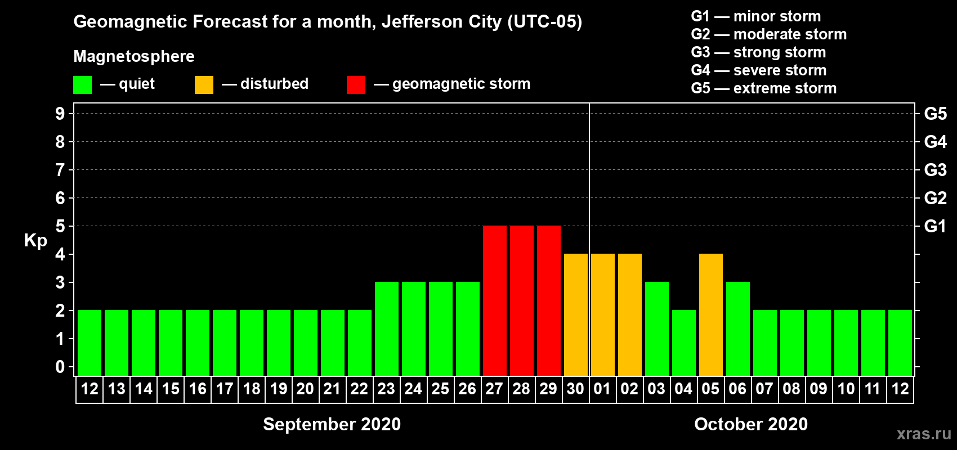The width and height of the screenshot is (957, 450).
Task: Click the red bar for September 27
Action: (495, 300)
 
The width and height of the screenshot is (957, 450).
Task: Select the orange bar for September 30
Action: (576, 314)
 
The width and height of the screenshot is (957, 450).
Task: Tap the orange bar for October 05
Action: (711, 314)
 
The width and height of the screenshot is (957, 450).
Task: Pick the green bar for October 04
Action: (684, 343)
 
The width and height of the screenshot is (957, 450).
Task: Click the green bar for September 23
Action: (387, 328)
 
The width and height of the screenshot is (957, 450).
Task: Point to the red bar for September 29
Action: (549, 300)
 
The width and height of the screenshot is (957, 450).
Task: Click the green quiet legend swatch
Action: (82, 84)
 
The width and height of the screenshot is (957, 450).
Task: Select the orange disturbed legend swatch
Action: (204, 84)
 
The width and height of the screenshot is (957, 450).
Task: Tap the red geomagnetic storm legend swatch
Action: (356, 84)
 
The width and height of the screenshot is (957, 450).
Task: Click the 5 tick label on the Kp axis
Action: (60, 226)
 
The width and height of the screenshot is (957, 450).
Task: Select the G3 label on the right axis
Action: (935, 170)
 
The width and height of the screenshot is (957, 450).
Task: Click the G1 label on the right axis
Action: (935, 226)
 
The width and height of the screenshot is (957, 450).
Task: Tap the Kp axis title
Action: (35, 241)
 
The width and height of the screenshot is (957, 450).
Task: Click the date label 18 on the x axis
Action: (252, 389)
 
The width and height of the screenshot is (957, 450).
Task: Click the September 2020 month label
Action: (332, 424)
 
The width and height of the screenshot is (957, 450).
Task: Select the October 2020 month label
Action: (751, 424)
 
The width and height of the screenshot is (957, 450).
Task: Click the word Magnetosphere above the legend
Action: (134, 56)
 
